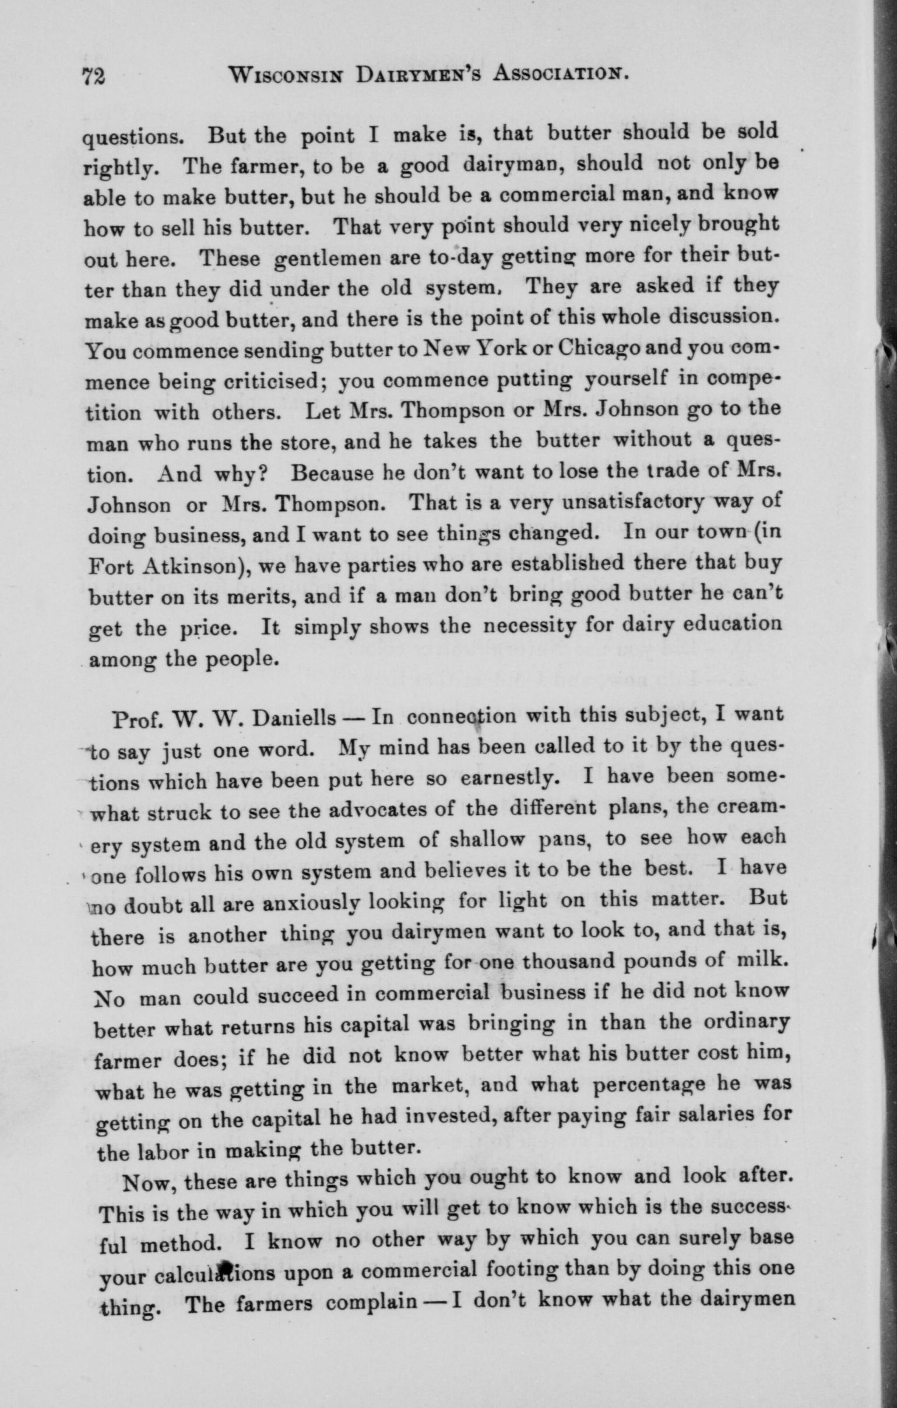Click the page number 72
(93, 75)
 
